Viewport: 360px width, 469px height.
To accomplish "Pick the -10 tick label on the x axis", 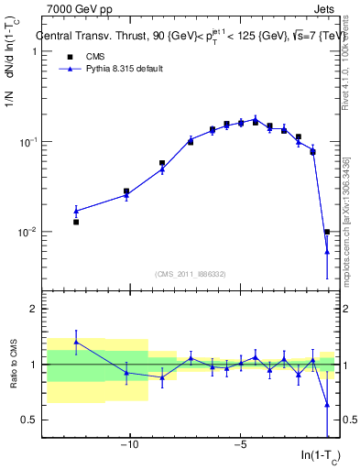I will point(129,445).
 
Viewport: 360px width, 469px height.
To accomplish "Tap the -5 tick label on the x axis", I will point(240,445).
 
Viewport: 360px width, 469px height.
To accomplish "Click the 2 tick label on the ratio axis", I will point(30,309).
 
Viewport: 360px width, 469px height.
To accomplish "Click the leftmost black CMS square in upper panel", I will point(76,222).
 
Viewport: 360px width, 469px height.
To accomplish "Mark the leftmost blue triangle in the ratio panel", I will point(76,342).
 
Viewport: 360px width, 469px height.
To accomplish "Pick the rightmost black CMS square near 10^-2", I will point(327,232).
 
